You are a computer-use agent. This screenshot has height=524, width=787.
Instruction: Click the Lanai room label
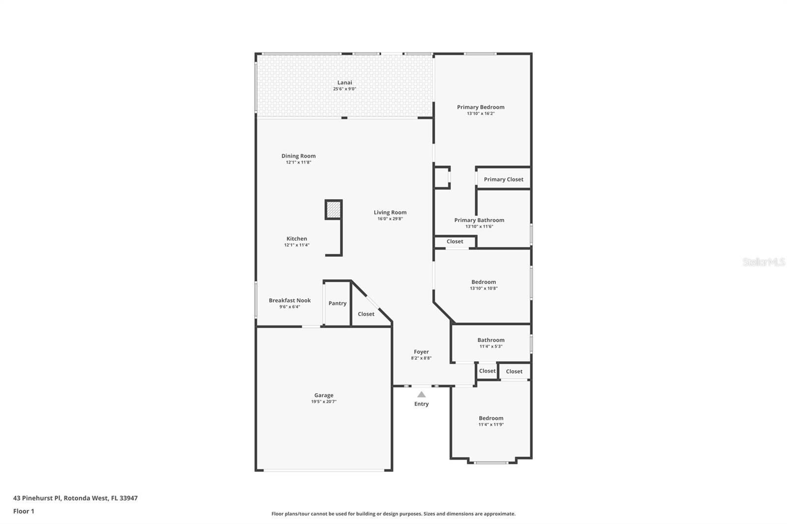(x=344, y=83)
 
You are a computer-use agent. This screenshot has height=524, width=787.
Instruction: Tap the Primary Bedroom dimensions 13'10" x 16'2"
(x=481, y=114)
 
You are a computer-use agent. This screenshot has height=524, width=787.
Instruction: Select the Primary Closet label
(x=503, y=179)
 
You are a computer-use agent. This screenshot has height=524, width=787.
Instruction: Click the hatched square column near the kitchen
(x=333, y=209)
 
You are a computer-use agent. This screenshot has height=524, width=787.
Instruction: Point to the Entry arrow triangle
(x=422, y=394)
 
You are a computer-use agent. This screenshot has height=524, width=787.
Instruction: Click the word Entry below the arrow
(x=422, y=404)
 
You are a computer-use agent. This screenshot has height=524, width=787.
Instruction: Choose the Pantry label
(x=337, y=303)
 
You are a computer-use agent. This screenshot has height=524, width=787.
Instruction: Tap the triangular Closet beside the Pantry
(x=366, y=314)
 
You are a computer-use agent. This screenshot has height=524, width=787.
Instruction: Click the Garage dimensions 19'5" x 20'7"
(x=324, y=402)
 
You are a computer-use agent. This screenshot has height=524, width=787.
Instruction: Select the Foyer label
(x=422, y=352)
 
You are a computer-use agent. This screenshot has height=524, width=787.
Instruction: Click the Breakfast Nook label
(x=290, y=300)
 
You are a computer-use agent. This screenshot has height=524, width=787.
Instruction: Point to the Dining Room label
(x=299, y=156)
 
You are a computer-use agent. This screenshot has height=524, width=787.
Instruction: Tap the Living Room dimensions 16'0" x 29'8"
(x=390, y=219)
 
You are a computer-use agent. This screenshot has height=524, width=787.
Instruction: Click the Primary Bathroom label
(x=479, y=220)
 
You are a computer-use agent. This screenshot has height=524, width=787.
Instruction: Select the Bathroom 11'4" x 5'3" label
(x=491, y=340)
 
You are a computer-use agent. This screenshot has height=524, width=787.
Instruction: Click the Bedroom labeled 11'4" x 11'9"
(x=491, y=418)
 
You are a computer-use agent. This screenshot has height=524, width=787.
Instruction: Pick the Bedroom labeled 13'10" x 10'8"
(x=484, y=282)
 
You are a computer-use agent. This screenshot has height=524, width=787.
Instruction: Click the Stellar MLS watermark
(x=763, y=262)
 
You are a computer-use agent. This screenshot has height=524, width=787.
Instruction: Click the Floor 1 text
(x=24, y=511)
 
